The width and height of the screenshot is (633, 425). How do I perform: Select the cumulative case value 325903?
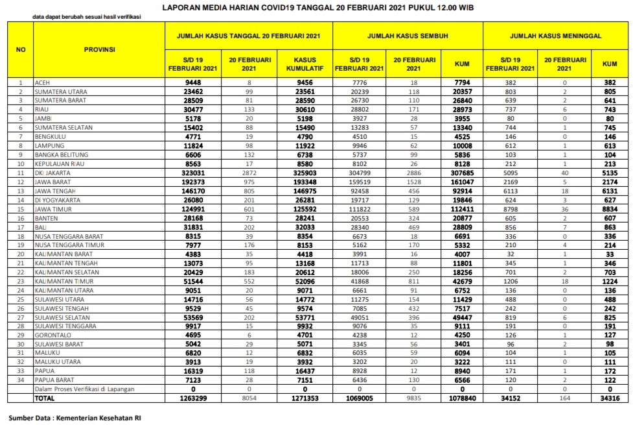tap(305, 173)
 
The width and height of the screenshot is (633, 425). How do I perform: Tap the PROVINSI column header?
tap(99, 49)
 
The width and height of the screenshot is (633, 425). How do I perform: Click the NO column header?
tap(21, 49)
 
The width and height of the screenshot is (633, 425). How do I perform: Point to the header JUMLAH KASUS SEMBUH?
tap(408, 35)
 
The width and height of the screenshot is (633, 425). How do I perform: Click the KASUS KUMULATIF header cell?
tap(305, 64)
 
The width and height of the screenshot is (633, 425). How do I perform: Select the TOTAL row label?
tap(45, 398)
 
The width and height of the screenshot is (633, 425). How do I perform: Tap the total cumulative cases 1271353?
tap(305, 398)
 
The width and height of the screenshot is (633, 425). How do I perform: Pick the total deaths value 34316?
tap(609, 398)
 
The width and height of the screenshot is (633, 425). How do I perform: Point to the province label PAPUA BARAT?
tap(54, 379)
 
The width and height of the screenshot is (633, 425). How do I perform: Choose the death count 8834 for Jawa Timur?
tap(609, 210)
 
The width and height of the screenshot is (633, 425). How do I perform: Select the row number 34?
tap(21, 379)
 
